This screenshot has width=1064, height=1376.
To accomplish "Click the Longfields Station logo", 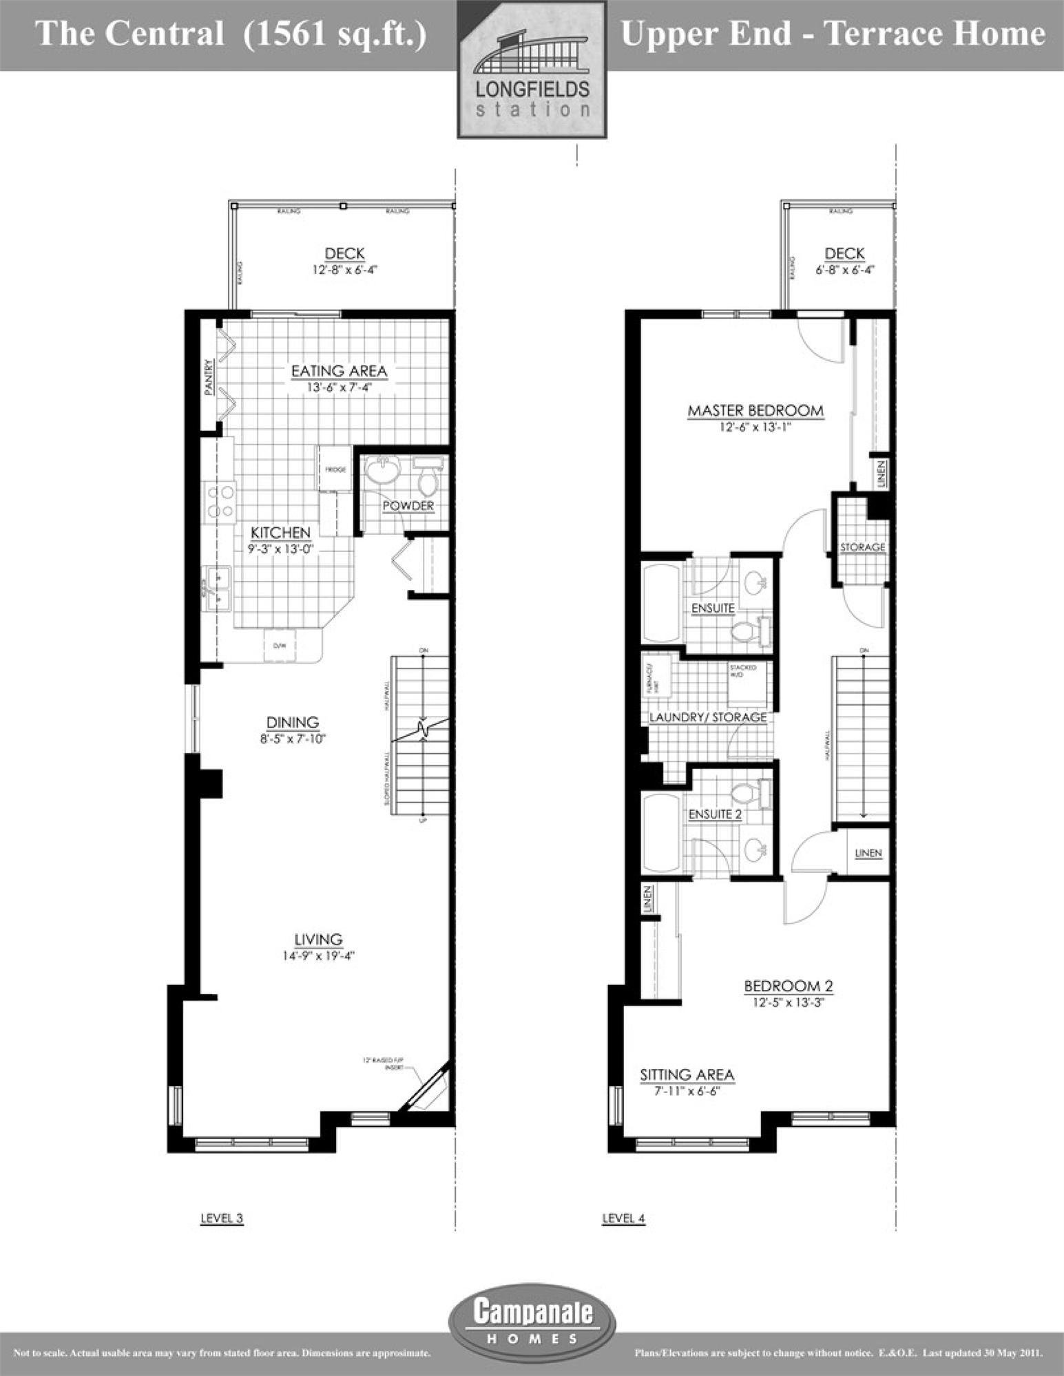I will [532, 70].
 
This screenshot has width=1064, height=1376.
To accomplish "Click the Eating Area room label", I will [339, 371].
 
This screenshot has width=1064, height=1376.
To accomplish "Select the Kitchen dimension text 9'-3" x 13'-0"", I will [279, 549].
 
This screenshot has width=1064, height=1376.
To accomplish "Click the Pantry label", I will [209, 378].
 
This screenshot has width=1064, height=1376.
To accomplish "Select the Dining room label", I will [293, 722].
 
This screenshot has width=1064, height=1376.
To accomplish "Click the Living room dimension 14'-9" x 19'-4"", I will [318, 955].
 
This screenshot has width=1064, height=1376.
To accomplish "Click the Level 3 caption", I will [222, 1218].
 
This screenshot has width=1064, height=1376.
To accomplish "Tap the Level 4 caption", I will [623, 1218].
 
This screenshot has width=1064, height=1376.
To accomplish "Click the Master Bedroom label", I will [755, 411].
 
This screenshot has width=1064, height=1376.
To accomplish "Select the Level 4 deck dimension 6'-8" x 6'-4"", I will [844, 270].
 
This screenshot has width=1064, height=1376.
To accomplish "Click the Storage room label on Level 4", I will [862, 547].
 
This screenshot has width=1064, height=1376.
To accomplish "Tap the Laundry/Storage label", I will [708, 717].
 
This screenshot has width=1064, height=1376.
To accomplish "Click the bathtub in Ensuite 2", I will [661, 834].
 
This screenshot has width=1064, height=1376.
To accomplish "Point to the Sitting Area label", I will [687, 1075].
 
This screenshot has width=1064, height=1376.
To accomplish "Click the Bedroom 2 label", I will [789, 986].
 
